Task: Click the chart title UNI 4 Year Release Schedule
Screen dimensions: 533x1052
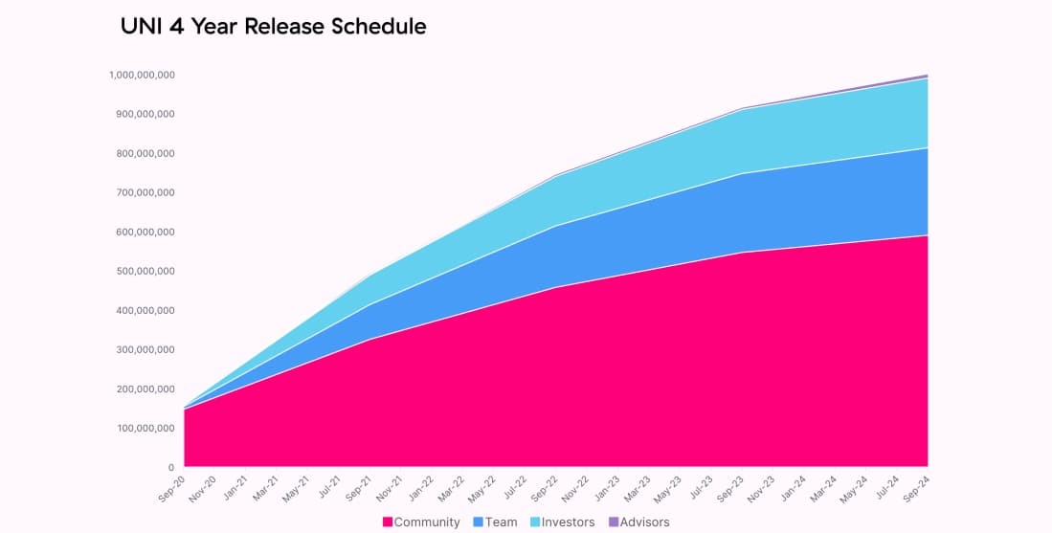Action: click(273, 27)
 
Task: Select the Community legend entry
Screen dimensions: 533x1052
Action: click(427, 522)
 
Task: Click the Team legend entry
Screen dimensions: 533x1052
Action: click(502, 522)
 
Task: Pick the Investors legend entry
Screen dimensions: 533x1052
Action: click(568, 522)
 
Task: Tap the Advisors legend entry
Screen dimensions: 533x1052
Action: click(644, 522)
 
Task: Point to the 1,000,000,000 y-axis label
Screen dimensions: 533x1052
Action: click(142, 75)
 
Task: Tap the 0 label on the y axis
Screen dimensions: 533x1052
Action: click(170, 467)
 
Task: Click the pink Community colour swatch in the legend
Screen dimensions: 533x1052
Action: click(388, 522)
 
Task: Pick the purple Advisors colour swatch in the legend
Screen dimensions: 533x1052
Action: click(613, 522)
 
